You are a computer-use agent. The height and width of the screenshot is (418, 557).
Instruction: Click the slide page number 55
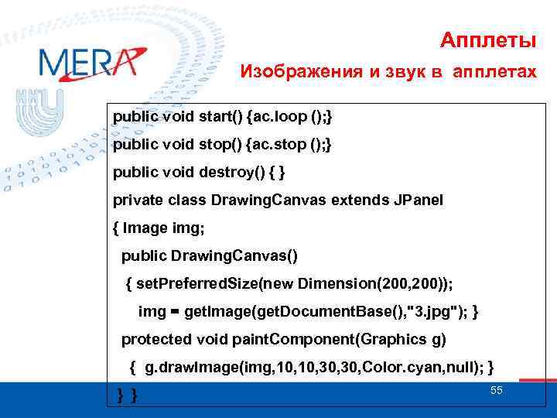(496, 391)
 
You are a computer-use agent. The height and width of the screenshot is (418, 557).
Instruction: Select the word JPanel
(416, 200)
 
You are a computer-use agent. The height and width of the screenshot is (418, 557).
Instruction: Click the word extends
(358, 200)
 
